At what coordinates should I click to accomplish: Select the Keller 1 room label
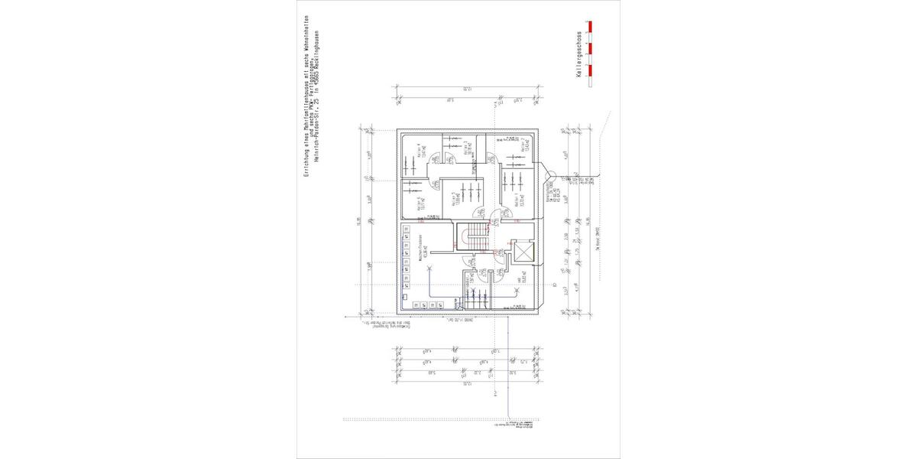518,200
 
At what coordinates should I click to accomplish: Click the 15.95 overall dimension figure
358,222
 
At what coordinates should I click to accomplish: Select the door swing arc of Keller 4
438,158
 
